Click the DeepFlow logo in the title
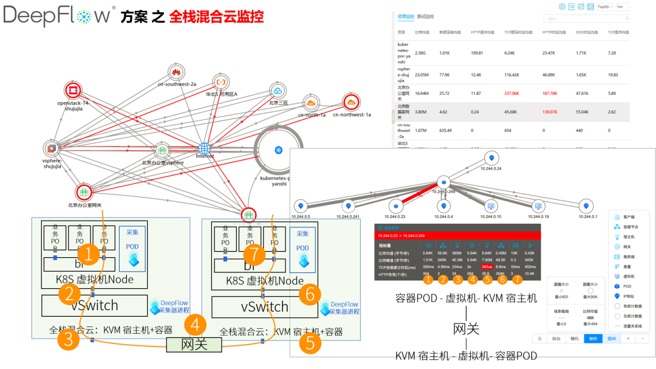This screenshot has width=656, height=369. point(58,15)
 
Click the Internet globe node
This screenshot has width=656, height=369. point(204,148)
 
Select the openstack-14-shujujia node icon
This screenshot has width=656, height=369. point(73,91)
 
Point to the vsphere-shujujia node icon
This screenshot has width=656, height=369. point(52,148)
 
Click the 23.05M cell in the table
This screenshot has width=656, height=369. point(423,75)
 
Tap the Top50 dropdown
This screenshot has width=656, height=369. point(604,7)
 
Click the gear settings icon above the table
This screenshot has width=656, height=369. point(562,7)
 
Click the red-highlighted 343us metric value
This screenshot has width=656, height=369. point(487,266)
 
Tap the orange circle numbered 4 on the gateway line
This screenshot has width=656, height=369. point(194,325)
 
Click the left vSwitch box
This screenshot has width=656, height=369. point(94,306)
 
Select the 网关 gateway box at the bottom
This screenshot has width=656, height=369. point(194,345)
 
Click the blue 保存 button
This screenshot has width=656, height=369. point(593,339)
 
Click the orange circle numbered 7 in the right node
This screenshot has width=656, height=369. point(253,254)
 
